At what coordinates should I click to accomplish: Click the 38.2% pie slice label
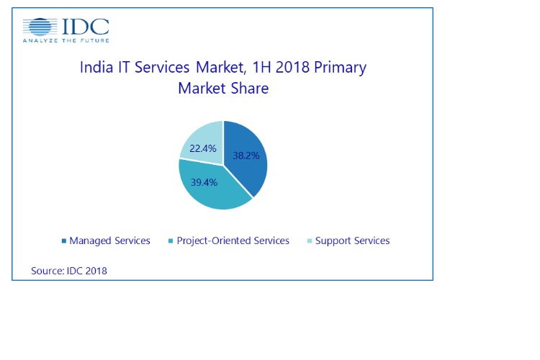(x=246, y=156)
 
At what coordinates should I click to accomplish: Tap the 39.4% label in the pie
(x=204, y=182)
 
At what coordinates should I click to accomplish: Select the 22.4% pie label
(x=203, y=148)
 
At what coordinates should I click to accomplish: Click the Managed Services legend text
(x=109, y=240)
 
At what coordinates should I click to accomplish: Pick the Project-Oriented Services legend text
(x=233, y=240)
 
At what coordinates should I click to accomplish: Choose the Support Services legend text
(x=352, y=240)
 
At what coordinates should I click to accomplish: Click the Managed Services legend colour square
(x=63, y=240)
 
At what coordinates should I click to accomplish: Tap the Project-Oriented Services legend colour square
(x=171, y=240)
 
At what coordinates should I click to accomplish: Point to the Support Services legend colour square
(x=310, y=240)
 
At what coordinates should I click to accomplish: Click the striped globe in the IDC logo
(x=40, y=27)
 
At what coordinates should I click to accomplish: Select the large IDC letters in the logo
(x=86, y=27)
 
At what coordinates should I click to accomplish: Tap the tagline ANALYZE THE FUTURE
(x=66, y=40)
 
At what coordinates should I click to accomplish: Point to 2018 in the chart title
(x=292, y=67)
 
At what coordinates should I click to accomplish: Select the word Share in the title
(x=250, y=88)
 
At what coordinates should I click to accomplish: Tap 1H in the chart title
(x=261, y=67)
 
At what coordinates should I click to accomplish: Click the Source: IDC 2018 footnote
(x=69, y=271)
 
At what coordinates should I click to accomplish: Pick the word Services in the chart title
(x=162, y=67)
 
